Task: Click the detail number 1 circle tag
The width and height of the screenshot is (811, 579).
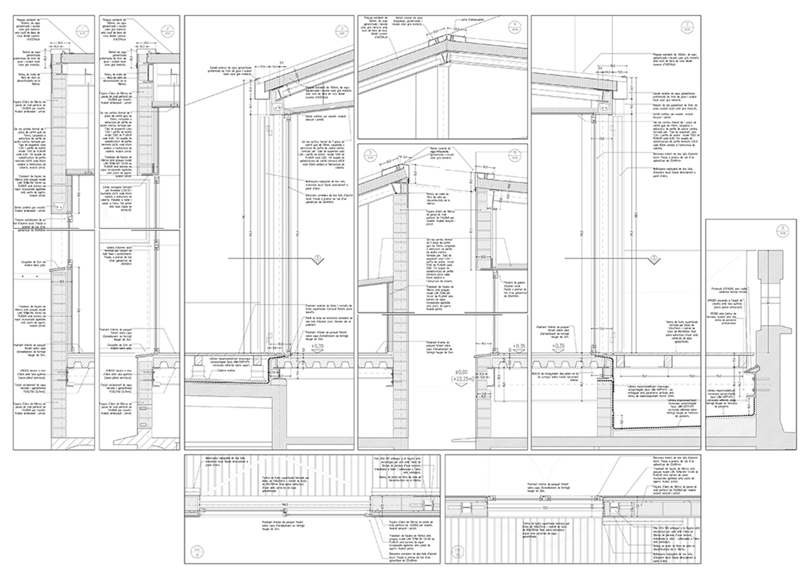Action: tap(83, 30)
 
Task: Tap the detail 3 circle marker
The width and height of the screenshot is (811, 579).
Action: tap(342, 30)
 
